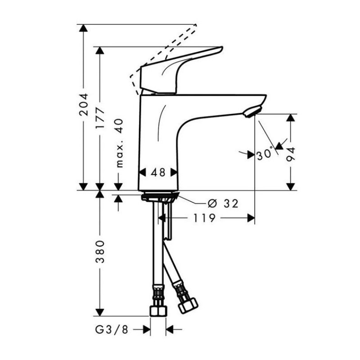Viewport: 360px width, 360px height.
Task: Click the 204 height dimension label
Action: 84,104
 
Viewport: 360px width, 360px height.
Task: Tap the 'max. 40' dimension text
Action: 120,143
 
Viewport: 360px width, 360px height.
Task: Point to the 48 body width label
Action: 158,172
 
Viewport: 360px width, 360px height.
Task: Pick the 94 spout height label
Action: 291,155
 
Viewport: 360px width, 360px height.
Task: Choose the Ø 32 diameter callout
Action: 223,203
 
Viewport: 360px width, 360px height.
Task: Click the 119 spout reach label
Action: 204,218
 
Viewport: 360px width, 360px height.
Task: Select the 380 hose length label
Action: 100,252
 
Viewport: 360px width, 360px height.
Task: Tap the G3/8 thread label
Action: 112,330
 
